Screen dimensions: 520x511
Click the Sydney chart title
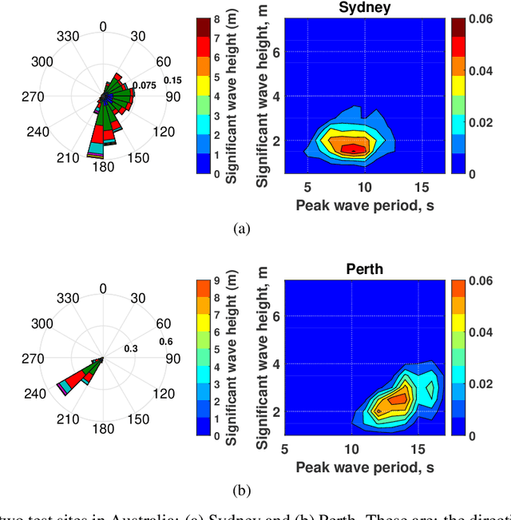[x=365, y=9]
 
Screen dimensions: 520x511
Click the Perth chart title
[x=365, y=269]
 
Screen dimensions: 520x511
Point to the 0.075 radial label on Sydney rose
[x=144, y=85]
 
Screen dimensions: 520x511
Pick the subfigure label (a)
[x=240, y=228]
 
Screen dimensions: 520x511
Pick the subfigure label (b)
[x=240, y=489]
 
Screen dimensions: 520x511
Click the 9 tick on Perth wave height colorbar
[x=217, y=281]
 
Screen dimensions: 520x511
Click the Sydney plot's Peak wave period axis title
[x=365, y=204]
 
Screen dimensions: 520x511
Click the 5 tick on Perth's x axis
[x=276, y=448]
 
